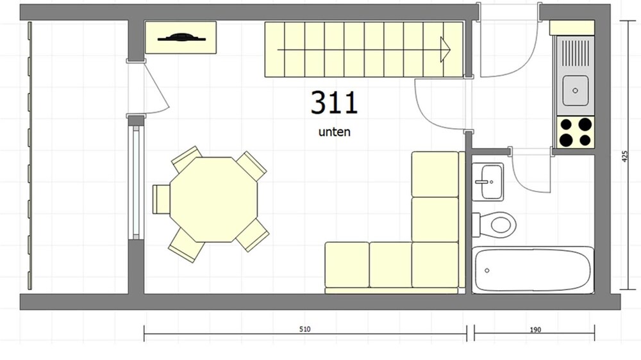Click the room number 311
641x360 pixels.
point(334,102)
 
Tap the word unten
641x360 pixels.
point(335,132)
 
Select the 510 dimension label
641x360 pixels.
point(305,329)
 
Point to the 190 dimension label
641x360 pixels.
point(535,329)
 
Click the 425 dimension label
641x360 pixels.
point(624,156)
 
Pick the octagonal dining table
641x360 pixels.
point(214,199)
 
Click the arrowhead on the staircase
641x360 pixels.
point(445,49)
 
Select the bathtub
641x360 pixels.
point(533,270)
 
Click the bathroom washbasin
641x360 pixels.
point(488,182)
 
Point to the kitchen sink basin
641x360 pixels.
point(575,90)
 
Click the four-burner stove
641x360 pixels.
point(576,132)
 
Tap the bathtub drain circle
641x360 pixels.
point(487,270)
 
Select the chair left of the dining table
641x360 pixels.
point(161,199)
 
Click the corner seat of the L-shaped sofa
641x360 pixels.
point(435,265)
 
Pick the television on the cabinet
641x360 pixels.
point(181,38)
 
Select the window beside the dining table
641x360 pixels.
point(136,183)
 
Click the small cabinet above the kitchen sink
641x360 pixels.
point(572,28)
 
